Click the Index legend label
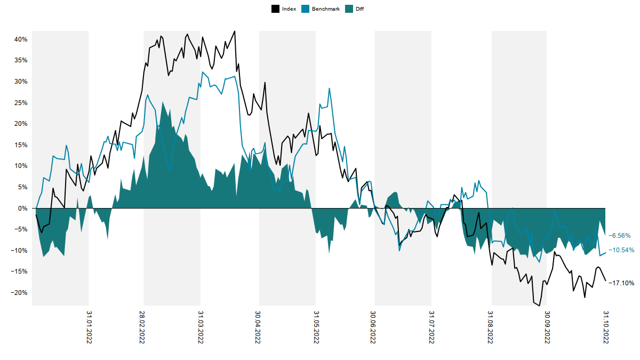click(x=289, y=9)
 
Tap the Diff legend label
click(x=359, y=9)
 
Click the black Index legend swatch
click(x=275, y=9)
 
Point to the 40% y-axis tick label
click(x=21, y=39)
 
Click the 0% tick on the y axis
click(x=23, y=209)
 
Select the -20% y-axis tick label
click(x=20, y=293)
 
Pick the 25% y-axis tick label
click(x=21, y=103)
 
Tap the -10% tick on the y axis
click(x=20, y=251)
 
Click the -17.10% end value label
click(x=622, y=283)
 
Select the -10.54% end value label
click(x=622, y=250)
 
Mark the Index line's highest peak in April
click(x=235, y=31)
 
